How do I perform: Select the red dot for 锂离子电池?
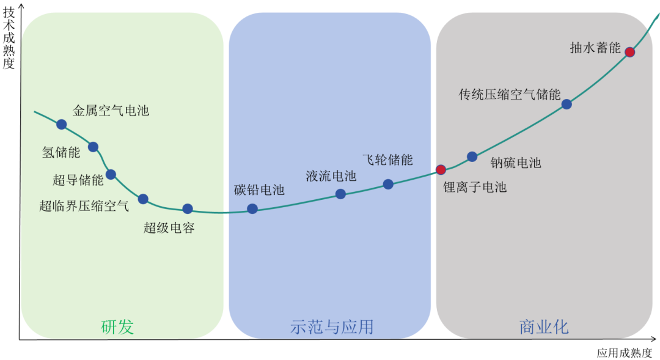pyautogui.click(x=441, y=169)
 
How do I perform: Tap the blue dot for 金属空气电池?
pyautogui.click(x=61, y=124)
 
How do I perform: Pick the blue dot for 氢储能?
pyautogui.click(x=93, y=147)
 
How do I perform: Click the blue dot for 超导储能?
pyautogui.click(x=111, y=174)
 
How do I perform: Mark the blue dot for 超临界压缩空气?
pyautogui.click(x=143, y=199)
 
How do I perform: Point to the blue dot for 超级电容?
pyautogui.click(x=188, y=208)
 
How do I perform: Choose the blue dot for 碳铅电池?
pyautogui.click(x=252, y=208)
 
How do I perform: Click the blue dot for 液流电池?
pyautogui.click(x=340, y=194)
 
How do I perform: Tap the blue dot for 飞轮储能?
pyautogui.click(x=388, y=184)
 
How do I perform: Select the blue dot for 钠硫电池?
pyautogui.click(x=472, y=156)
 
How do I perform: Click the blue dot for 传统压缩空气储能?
pyautogui.click(x=566, y=104)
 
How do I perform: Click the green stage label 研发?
pyautogui.click(x=117, y=327)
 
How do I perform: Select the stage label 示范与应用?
pyautogui.click(x=331, y=327)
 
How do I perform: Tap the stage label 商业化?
pyautogui.click(x=544, y=327)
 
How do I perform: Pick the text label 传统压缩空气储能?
pyautogui.click(x=510, y=95)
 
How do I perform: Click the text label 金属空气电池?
pyautogui.click(x=111, y=111)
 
